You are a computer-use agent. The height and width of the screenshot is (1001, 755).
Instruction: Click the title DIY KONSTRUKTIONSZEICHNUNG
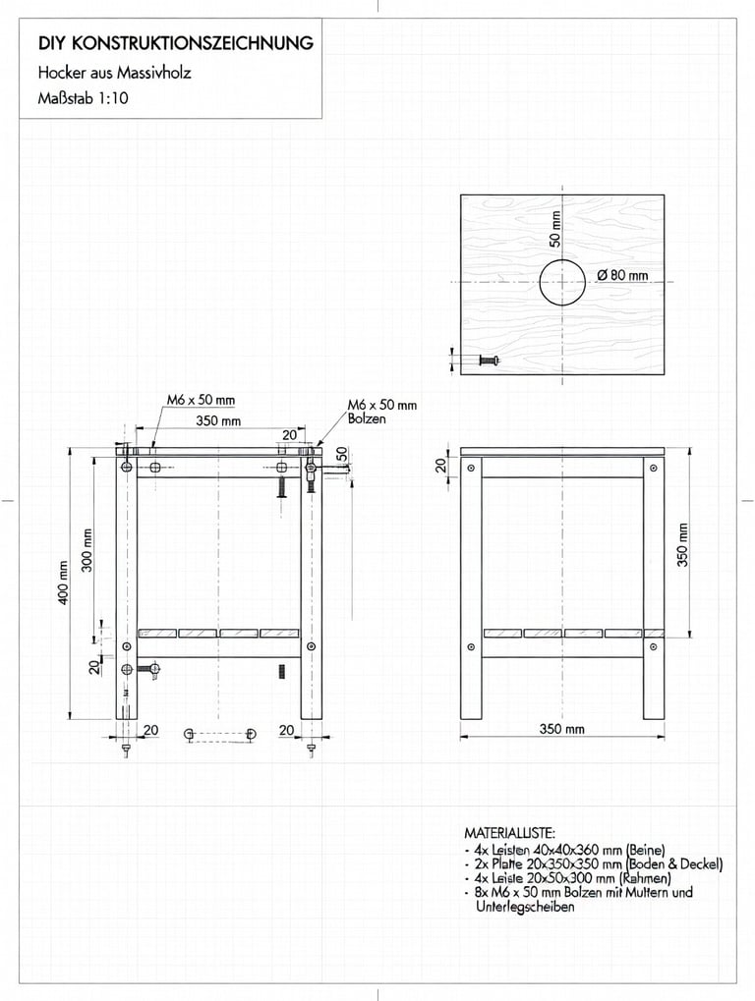tap(176, 44)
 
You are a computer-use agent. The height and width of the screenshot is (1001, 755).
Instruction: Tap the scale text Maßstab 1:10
tap(84, 98)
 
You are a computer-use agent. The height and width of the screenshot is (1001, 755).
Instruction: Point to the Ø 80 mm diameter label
tap(622, 275)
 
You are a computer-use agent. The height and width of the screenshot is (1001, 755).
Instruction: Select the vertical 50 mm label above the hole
tap(554, 228)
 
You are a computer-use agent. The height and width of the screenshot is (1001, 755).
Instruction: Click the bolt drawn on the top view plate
tap(489, 361)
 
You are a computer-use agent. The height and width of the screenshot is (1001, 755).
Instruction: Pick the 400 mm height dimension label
tap(64, 583)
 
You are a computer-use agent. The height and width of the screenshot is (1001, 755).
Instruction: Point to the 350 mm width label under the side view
tap(561, 729)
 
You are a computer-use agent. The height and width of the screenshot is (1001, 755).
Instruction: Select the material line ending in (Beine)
tap(569, 850)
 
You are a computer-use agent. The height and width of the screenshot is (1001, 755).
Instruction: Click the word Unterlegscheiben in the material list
tap(526, 907)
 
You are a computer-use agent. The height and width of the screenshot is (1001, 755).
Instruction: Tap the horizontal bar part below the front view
tap(220, 734)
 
